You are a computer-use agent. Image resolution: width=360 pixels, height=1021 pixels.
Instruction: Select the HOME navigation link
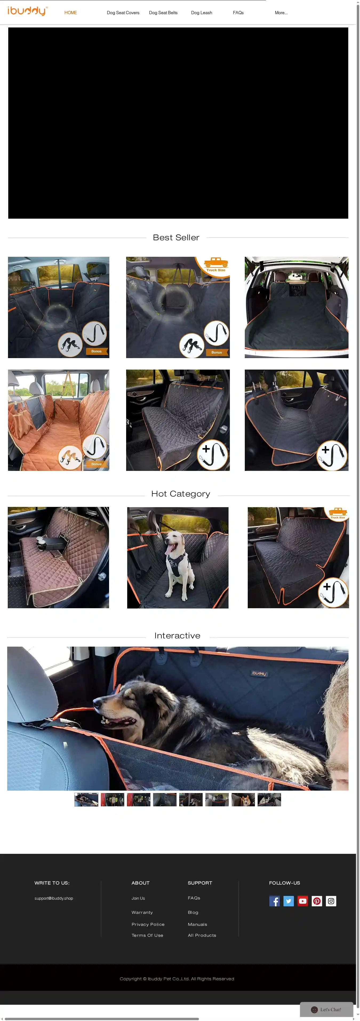pos(71,13)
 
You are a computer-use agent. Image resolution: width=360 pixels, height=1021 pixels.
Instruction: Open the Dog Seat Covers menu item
pos(123,13)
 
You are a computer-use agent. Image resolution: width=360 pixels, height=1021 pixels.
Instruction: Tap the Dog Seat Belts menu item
pos(163,13)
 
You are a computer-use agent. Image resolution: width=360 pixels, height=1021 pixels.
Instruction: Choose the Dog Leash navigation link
pos(201,13)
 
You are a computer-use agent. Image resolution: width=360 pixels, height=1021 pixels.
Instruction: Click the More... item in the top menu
pos(281,13)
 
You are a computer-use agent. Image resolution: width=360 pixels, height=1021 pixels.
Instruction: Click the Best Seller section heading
pos(176,237)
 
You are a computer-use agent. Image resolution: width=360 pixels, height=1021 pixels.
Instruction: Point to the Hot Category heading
pos(180,494)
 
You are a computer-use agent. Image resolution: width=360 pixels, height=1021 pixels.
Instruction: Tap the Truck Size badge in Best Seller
pos(216,265)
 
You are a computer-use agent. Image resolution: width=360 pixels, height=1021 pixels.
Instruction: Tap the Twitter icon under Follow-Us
pos(289,901)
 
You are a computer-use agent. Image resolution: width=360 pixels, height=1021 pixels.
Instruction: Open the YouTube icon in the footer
pos(302,901)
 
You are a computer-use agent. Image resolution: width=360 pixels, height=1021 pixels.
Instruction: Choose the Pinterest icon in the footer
pos(317,901)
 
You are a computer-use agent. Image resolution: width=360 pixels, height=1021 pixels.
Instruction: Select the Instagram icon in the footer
pos(331,901)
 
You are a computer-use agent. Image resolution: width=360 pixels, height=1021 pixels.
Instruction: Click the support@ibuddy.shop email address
pos(54,898)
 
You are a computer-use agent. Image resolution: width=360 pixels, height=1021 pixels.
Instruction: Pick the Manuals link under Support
pos(197,924)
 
